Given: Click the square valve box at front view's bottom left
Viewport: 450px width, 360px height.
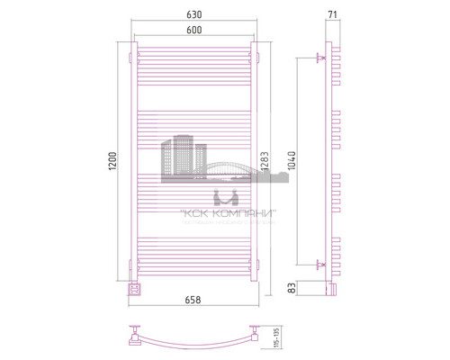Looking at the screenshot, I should pos(135,288).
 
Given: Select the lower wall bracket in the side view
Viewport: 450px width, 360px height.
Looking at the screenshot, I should pos(320,264).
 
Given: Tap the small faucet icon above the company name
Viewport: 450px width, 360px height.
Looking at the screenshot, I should pos(223,196).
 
